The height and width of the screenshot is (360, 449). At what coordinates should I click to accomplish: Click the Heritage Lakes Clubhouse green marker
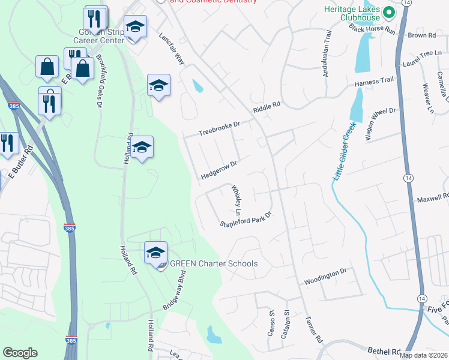389,13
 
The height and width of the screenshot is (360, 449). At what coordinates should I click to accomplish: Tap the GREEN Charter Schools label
214,264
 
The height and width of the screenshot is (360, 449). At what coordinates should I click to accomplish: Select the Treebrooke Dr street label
219,128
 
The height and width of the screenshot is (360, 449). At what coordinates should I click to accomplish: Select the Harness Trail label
373,83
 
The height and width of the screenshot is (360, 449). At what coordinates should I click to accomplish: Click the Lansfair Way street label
170,53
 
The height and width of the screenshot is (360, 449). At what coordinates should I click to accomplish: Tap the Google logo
20,353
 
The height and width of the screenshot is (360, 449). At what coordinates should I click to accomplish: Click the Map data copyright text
422,355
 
